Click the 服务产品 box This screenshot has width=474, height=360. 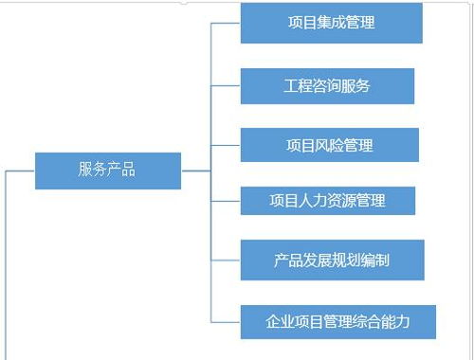107,171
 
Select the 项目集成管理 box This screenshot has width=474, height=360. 330,23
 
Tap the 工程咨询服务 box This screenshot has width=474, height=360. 327,86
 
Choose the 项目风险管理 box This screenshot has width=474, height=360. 329,146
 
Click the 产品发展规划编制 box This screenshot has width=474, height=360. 331,259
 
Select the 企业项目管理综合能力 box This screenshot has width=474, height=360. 337,321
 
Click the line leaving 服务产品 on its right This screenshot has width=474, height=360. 194,171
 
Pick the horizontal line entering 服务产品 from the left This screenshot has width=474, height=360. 21,171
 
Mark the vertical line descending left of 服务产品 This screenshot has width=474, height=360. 7,265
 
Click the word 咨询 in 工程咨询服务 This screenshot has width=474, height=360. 327,86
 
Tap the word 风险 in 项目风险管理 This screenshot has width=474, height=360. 329,146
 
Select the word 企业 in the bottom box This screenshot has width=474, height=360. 281,321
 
